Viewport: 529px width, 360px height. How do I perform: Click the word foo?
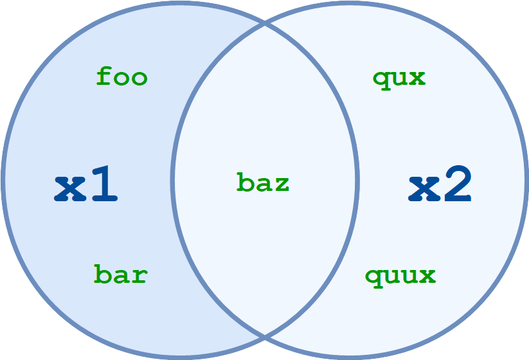pos(121,76)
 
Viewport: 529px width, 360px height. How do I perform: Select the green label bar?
pos(120,274)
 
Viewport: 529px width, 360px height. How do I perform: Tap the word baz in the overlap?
pos(263,182)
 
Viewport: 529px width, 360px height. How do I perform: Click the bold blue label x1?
pos(85,184)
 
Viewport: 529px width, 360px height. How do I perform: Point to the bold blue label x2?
pos(440,184)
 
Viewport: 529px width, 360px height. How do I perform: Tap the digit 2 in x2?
pos(458,184)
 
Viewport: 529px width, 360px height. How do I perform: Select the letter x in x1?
pos(70,188)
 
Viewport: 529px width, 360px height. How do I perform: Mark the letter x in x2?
pos(424,188)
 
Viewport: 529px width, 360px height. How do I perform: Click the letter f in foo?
pos(104,76)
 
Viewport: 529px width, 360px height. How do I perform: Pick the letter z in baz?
pos(281,184)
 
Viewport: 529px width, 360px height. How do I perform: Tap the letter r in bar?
pos(139,276)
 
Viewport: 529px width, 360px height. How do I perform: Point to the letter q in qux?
pos(381,81)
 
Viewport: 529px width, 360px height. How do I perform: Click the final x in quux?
pos(427,276)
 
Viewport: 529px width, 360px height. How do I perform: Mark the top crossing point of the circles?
pos(265,24)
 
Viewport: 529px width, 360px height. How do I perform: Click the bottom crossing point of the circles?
pos(265,336)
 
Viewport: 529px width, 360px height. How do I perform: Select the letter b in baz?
pos(245,182)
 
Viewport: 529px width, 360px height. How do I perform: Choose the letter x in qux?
pos(417,78)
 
